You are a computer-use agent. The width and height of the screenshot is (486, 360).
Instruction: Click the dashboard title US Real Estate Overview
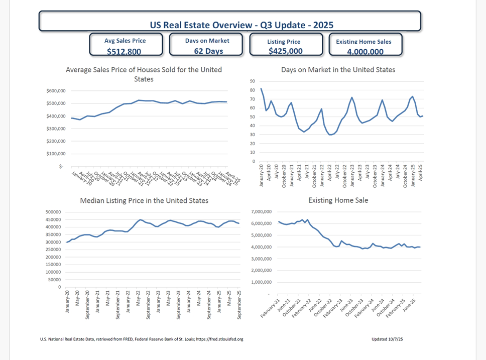click(241, 25)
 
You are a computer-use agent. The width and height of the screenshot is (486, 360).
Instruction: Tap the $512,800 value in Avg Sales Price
click(124, 51)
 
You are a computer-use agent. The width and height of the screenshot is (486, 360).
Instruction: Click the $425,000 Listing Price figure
click(285, 51)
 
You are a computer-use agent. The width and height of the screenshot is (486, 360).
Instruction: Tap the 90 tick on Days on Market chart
click(253, 81)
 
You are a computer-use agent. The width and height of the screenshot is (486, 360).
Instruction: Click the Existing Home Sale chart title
click(338, 200)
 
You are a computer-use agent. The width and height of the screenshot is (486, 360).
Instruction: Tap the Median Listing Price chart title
click(144, 200)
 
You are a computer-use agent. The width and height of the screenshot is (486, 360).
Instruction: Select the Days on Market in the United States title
click(338, 70)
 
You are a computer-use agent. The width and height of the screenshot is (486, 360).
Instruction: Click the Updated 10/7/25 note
click(387, 339)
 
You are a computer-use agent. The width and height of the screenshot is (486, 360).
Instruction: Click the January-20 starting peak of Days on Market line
click(261, 89)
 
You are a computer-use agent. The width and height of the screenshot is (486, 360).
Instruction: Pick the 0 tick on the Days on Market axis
click(254, 162)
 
